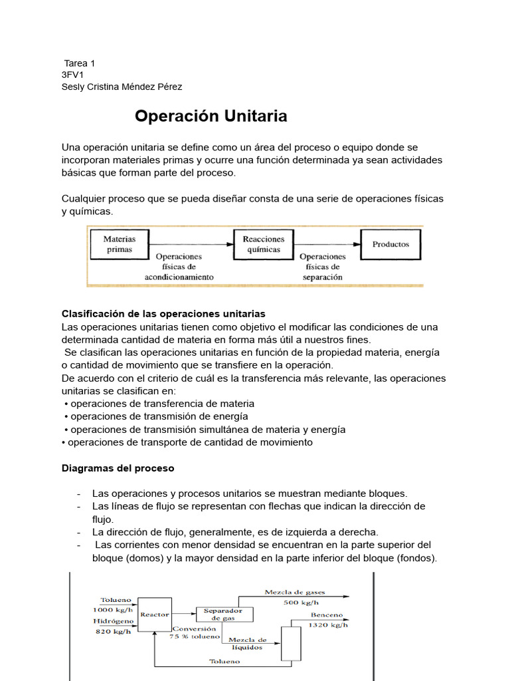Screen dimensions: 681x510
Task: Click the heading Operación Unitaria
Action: pos(211,116)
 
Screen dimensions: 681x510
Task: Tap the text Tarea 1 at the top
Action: pos(80,63)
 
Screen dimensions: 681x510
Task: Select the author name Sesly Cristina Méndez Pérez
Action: pos(122,86)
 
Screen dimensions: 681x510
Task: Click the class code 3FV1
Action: pos(72,74)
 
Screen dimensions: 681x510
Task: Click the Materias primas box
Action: pos(120,244)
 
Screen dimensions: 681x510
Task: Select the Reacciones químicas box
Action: pos(263,244)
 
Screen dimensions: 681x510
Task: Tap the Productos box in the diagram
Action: pos(390,244)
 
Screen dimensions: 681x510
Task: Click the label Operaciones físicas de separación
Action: pos(323,266)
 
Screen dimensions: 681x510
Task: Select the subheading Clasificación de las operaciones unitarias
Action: pos(163,313)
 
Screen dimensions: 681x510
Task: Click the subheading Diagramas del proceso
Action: pos(118,468)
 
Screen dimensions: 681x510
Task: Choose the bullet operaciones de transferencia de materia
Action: pos(162,404)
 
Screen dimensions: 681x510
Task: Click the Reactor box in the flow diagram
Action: pos(155,614)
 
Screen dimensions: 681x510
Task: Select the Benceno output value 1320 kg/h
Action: pos(329,625)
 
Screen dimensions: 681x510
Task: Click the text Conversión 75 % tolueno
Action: pos(194,632)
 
